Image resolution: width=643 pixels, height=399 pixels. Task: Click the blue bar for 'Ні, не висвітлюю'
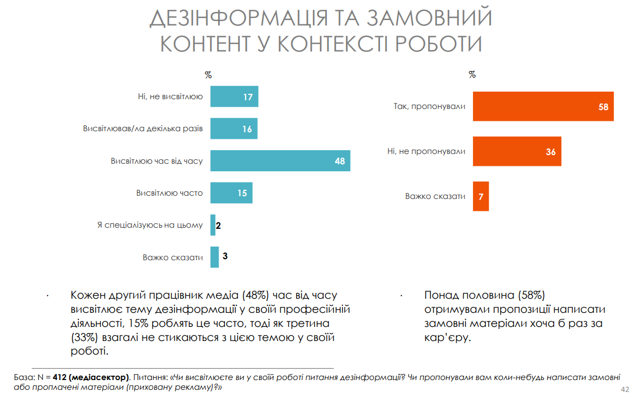pyautogui.click(x=234, y=97)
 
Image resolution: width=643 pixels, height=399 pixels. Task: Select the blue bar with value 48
pyautogui.click(x=280, y=161)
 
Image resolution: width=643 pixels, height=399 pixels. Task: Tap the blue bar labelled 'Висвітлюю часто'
pyautogui.click(x=231, y=193)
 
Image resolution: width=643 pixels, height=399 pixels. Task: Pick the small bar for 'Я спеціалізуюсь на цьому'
pyautogui.click(x=213, y=225)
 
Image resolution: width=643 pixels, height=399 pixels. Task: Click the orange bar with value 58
pyautogui.click(x=543, y=106)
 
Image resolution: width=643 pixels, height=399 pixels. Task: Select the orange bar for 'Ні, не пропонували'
pyautogui.click(x=517, y=151)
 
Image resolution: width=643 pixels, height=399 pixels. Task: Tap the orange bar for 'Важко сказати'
pyautogui.click(x=481, y=196)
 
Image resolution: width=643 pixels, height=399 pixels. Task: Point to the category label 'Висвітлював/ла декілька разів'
pyautogui.click(x=143, y=129)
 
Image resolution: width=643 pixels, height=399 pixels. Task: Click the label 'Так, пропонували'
pyautogui.click(x=429, y=106)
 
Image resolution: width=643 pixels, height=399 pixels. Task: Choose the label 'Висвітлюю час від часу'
pyautogui.click(x=157, y=161)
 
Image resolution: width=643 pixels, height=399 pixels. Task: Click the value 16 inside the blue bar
pyautogui.click(x=247, y=130)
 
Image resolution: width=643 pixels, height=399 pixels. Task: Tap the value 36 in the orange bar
pyautogui.click(x=550, y=152)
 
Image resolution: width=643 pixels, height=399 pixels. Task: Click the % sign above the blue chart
pyautogui.click(x=208, y=75)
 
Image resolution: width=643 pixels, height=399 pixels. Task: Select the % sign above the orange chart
pyautogui.click(x=472, y=75)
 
